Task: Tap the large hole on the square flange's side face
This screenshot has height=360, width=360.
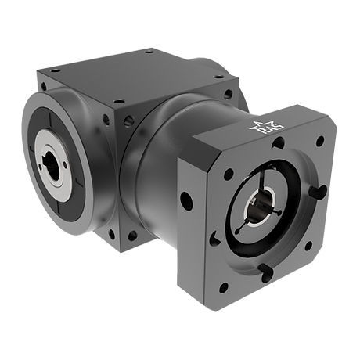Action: pyautogui.click(x=186, y=200)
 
